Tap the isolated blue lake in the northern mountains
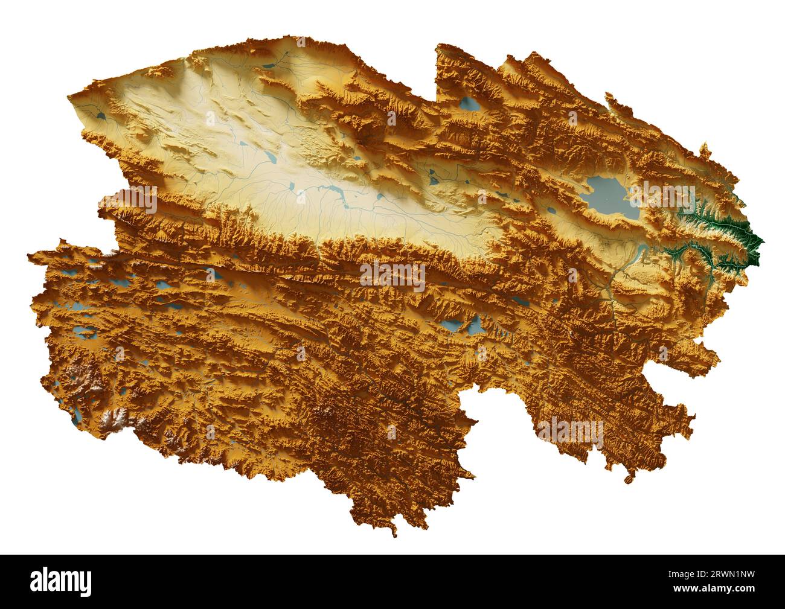469,105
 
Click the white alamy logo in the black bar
61,581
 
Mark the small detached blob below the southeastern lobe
629,479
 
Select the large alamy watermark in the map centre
392,276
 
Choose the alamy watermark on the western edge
129,199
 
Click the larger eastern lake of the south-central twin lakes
475,327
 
